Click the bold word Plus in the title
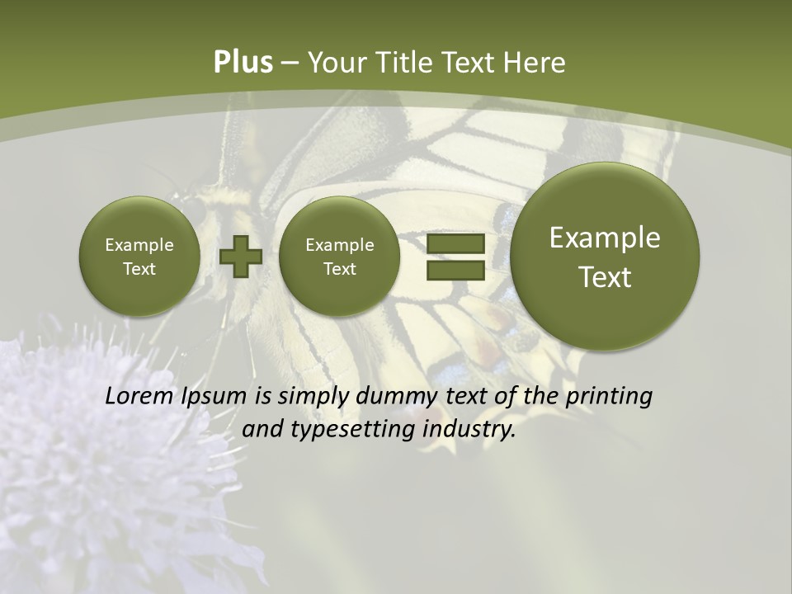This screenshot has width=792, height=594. click(243, 63)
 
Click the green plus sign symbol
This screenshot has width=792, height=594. click(240, 257)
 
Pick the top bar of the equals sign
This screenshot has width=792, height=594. click(455, 243)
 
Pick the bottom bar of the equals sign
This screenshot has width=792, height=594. click(455, 270)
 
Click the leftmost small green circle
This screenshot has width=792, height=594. click(139, 257)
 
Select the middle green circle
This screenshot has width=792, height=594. click(339, 257)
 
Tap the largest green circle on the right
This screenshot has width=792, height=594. click(605, 257)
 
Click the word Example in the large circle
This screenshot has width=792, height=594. click(605, 238)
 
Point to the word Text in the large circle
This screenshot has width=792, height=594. click(605, 277)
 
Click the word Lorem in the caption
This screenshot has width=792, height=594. click(139, 396)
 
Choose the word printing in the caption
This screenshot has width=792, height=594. click(608, 396)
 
